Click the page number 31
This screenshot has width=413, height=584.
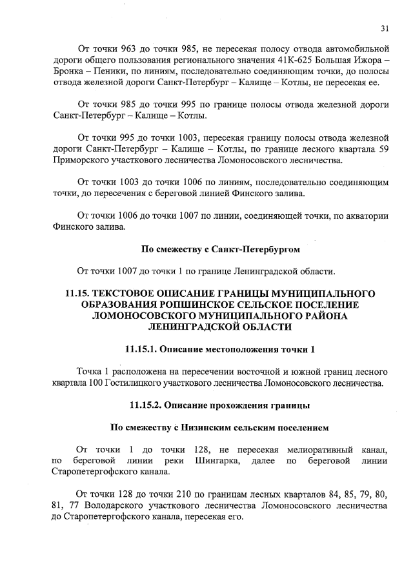pyautogui.click(x=385, y=28)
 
